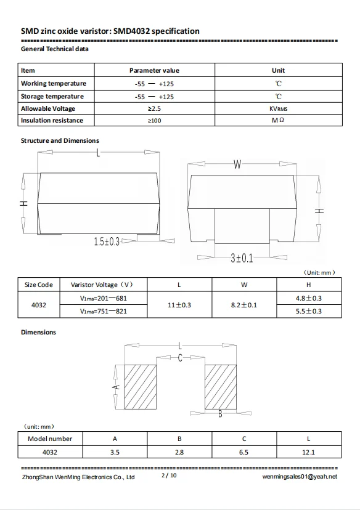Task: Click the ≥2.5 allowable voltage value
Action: [154, 108]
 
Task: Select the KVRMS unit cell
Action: [278, 108]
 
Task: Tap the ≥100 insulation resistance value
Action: [154, 120]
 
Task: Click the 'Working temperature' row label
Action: [54, 83]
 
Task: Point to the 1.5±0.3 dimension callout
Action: [107, 241]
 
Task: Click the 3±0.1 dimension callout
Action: [242, 258]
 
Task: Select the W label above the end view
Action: [237, 164]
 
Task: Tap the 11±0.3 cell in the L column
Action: [179, 305]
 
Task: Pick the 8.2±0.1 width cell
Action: [243, 305]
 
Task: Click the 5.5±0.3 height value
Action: [309, 311]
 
